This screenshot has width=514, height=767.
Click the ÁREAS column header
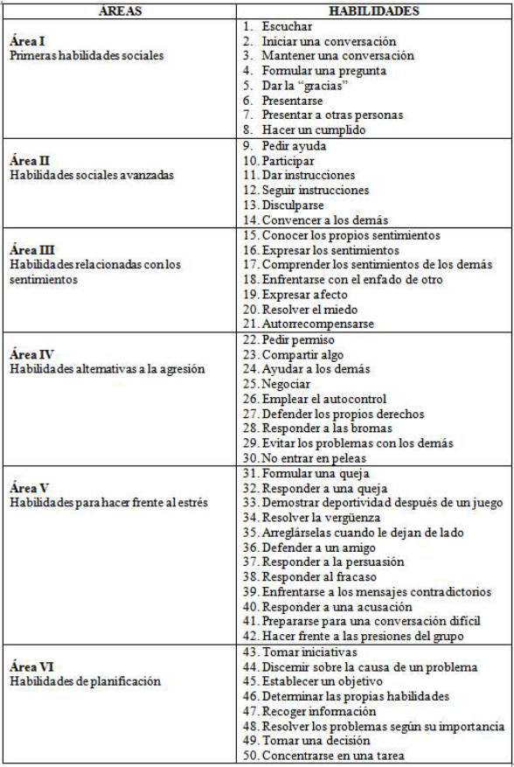click(119, 11)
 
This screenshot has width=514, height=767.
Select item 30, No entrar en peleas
click(302, 457)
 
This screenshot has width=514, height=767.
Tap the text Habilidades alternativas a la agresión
click(107, 368)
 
